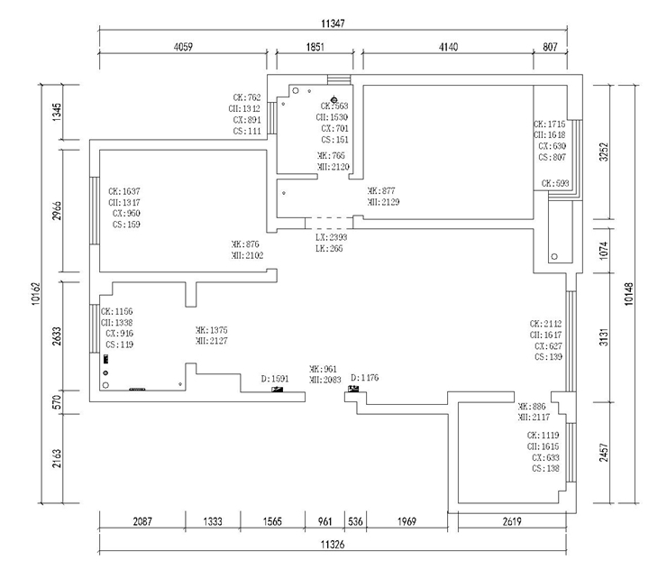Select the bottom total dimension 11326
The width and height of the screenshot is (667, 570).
[333, 546]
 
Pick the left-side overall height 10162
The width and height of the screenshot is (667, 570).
[32, 294]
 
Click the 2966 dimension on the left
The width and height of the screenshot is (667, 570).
[56, 207]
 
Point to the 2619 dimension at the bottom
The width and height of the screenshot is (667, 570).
[511, 522]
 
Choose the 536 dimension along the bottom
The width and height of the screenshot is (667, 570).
[355, 522]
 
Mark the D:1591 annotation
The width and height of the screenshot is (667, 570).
[274, 379]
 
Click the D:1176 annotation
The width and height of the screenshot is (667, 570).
[364, 377]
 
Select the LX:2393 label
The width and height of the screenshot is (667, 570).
[331, 236]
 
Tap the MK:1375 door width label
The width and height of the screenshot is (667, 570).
[212, 330]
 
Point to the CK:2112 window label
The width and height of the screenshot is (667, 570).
[546, 323]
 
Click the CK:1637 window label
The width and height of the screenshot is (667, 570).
[124, 191]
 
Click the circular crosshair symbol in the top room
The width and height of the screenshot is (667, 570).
[334, 99]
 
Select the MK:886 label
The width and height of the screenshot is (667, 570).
[533, 407]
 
